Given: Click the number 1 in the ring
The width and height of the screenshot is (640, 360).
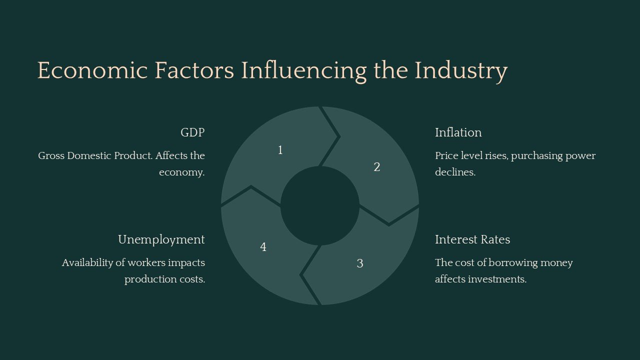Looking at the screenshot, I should (280, 150).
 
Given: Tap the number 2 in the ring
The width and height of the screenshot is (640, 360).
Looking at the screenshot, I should (377, 167).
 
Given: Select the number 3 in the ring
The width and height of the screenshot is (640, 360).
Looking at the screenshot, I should (360, 263).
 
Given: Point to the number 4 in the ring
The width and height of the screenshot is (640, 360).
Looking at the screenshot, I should (263, 247).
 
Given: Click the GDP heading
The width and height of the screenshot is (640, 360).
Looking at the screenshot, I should (192, 132).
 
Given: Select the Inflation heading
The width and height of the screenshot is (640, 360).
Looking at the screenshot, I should (458, 132).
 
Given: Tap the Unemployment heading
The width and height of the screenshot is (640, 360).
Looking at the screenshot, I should (161, 239).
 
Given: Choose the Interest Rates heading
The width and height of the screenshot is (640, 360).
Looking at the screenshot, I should (472, 239).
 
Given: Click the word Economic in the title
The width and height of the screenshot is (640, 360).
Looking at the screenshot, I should (92, 70).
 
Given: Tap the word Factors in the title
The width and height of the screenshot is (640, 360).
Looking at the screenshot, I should (194, 70).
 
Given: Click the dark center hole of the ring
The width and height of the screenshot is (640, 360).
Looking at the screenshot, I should (320, 206).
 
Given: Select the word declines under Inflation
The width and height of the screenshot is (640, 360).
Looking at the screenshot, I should (454, 172).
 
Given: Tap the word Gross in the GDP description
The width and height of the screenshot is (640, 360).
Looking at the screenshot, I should (51, 155).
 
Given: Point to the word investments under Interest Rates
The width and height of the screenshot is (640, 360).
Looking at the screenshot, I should (497, 279).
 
